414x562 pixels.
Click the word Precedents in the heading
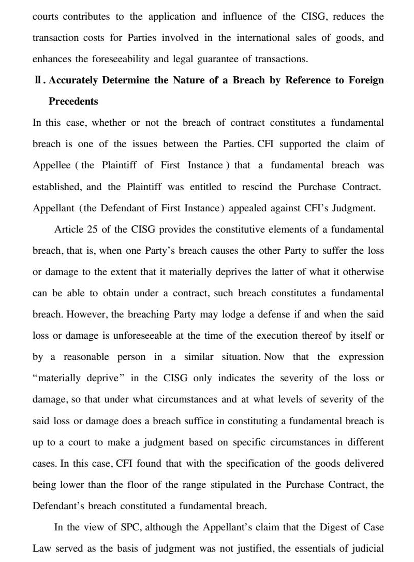(x=73, y=102)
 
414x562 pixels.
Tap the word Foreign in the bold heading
(x=366, y=80)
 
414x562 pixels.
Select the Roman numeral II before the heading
(x=36, y=80)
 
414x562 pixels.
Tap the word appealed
(x=251, y=208)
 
